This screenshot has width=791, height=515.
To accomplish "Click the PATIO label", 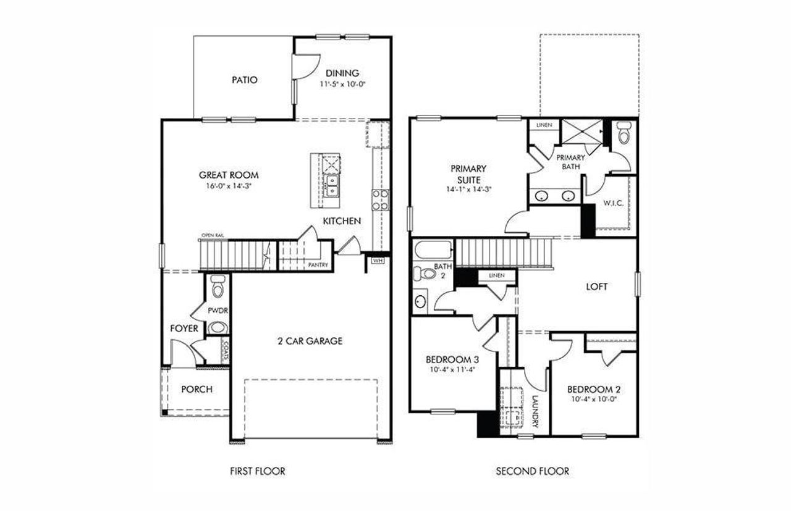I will [244, 80].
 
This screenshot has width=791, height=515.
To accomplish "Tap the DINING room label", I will [342, 73].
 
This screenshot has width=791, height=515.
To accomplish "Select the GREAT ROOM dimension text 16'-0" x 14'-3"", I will [229, 185].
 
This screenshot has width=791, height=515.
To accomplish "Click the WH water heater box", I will [377, 260].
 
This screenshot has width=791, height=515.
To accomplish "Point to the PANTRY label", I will [318, 266].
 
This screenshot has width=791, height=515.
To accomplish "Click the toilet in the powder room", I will [217, 287].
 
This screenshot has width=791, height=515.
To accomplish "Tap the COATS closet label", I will [226, 353].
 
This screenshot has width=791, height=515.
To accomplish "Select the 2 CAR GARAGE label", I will [310, 340].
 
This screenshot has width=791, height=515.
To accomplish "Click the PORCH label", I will [197, 389].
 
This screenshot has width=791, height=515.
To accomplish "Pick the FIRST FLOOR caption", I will [257, 471].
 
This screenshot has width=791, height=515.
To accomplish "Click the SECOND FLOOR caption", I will [532, 471].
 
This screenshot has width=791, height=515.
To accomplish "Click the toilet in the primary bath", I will [623, 132].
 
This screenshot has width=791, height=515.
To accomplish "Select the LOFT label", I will [596, 287].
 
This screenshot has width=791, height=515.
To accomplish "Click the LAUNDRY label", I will [535, 412].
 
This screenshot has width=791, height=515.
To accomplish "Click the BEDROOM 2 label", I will [593, 389].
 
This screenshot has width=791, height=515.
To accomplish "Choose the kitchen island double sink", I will [332, 185].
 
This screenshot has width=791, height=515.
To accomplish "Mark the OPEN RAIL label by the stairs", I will [212, 236].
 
